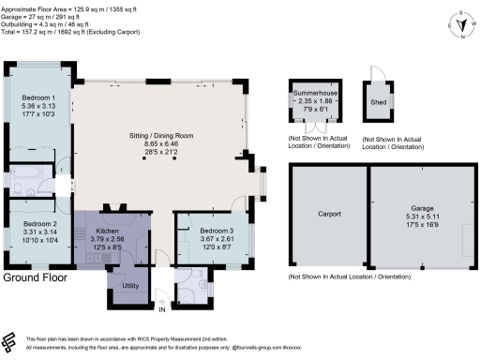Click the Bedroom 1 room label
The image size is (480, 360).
(40, 98)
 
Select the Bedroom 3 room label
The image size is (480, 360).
(205, 230)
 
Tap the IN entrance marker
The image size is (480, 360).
(161, 308)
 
